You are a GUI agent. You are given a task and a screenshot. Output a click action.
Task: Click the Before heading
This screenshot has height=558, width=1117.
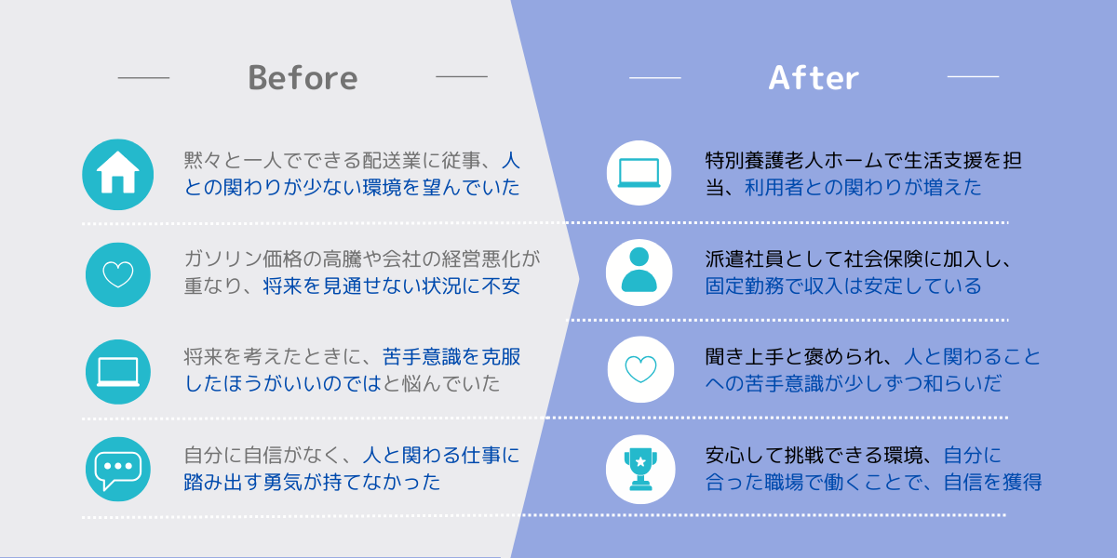coord(303,78)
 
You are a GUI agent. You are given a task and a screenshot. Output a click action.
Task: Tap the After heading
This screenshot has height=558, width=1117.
coord(814,78)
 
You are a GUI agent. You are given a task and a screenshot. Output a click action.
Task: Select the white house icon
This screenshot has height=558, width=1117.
coord(117,172)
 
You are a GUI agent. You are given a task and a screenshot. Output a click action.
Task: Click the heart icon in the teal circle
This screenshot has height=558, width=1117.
coord(118,274)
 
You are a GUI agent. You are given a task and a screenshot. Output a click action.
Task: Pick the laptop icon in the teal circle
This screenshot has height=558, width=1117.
coord(118,372)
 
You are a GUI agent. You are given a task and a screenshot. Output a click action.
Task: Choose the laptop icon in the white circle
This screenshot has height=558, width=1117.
coord(639,173)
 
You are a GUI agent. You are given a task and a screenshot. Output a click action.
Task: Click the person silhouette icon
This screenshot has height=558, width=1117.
coord(639,270)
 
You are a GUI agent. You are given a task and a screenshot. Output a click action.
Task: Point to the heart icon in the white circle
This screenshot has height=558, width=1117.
coord(640,369)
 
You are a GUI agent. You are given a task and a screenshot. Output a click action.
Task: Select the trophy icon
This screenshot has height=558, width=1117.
coord(640,469)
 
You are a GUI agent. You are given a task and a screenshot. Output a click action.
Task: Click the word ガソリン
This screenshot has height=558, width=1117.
coord(222,259)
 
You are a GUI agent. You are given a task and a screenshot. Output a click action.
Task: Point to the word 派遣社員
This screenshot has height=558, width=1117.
coord(745,259)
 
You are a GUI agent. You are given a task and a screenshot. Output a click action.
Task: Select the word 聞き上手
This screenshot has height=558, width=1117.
coord(745,357)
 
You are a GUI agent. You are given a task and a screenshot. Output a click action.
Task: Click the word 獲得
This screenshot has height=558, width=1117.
coord(1022,483)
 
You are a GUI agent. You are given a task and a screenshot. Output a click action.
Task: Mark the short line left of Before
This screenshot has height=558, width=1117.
coord(143,78)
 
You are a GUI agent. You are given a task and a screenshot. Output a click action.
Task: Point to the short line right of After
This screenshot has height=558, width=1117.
coord(973,76)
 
